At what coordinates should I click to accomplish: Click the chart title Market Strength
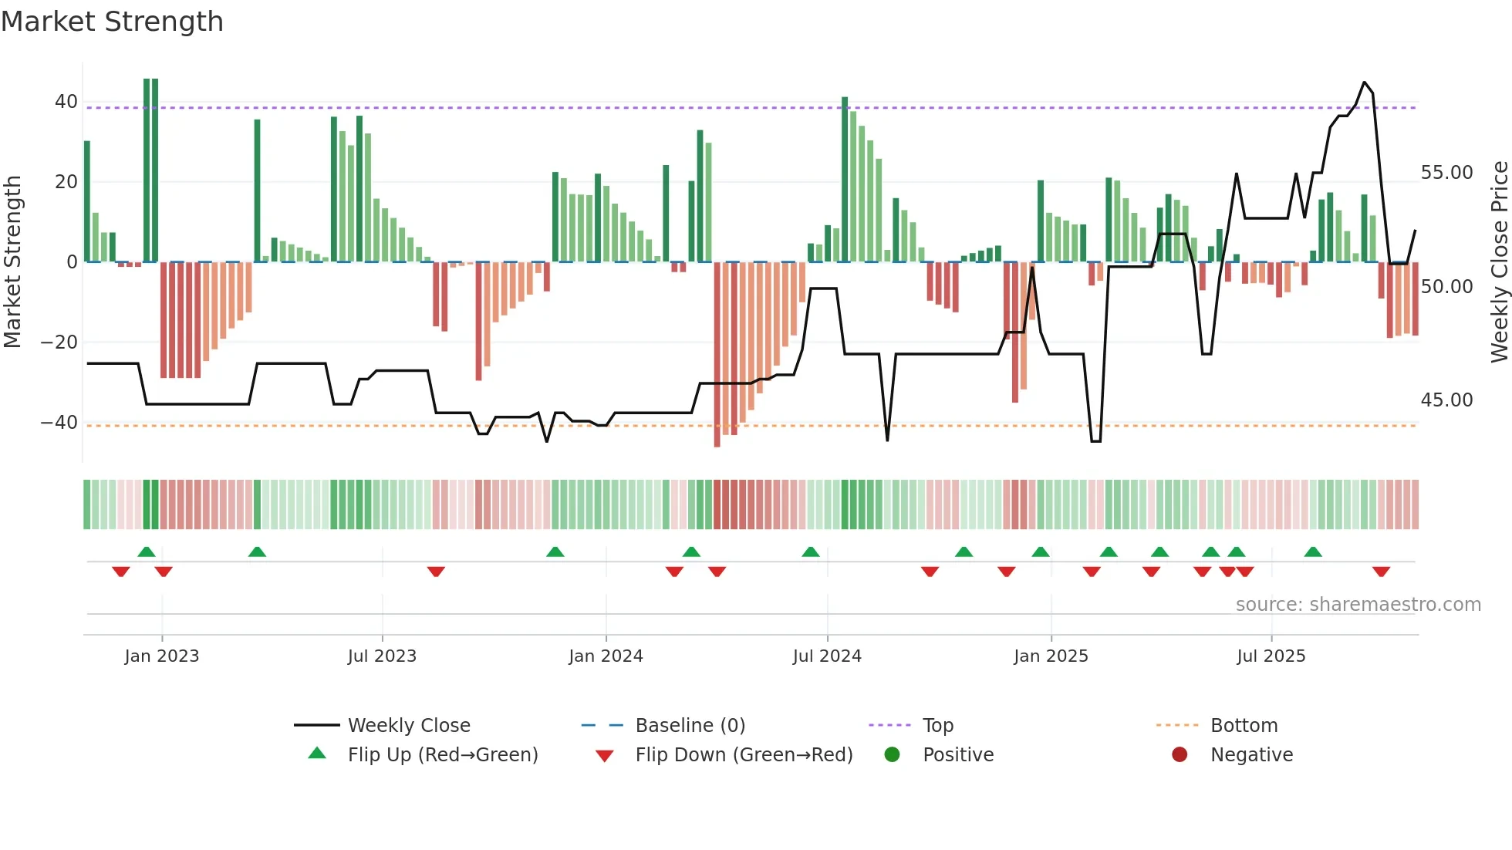(x=112, y=22)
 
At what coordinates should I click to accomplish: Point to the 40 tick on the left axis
(x=66, y=102)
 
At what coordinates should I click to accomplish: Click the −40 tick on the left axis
(x=59, y=423)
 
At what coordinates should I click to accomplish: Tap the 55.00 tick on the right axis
(x=1446, y=173)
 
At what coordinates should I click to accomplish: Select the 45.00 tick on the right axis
(x=1446, y=400)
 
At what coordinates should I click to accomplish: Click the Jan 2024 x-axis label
(x=606, y=656)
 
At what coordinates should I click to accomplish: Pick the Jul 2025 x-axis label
(x=1271, y=656)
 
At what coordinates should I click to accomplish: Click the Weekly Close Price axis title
(x=1499, y=261)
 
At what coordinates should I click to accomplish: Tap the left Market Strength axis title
(x=12, y=261)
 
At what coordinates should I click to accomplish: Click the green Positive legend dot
(x=892, y=755)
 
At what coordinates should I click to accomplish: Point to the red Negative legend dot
(x=1180, y=755)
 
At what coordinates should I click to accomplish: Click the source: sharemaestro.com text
(x=1358, y=605)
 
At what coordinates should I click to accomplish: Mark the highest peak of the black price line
(x=1364, y=83)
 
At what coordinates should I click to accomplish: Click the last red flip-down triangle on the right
(x=1381, y=572)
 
